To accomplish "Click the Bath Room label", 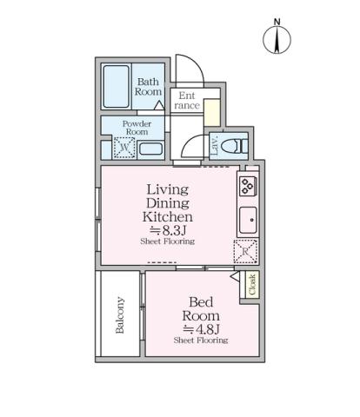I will tap(149, 87).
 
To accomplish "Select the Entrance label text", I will tap(186, 100).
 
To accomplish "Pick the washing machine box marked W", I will tap(123, 149).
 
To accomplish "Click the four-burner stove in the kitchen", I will tap(246, 185).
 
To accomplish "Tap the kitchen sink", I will tap(246, 218).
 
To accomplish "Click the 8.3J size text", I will tap(167, 230).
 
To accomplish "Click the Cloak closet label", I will tap(252, 285).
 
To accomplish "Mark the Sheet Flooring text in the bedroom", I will tap(200, 341).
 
